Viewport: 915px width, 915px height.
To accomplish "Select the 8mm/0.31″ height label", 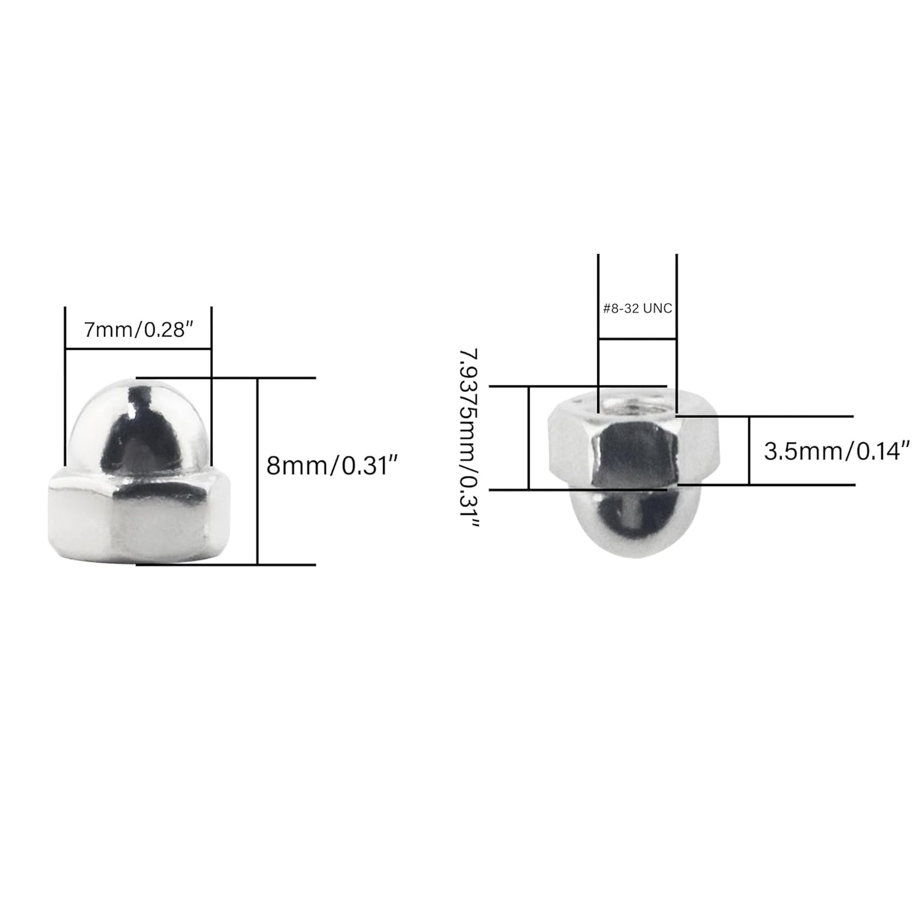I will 331,467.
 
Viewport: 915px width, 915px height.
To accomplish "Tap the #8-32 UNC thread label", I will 637,309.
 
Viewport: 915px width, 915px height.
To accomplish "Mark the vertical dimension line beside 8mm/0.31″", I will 258,472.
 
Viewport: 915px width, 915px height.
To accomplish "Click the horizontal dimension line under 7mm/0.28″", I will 138,348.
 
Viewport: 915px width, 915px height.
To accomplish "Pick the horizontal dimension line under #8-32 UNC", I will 637,339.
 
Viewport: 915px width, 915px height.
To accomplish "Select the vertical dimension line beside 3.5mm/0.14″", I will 749,451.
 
